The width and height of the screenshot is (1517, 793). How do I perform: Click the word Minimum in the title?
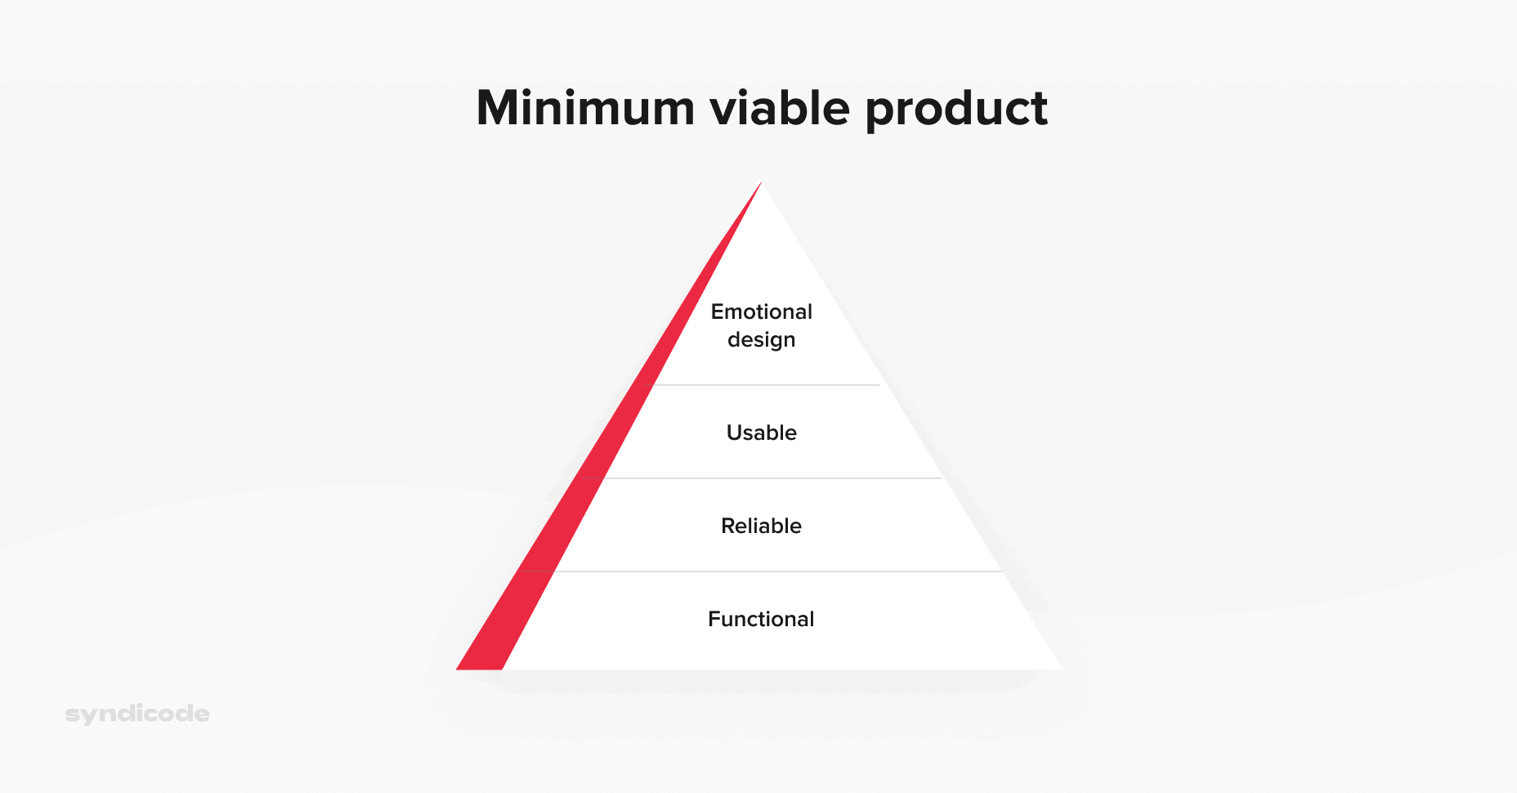[x=585, y=108]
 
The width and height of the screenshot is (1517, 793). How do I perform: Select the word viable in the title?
[x=780, y=108]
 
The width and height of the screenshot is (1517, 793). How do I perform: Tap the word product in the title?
[x=956, y=110]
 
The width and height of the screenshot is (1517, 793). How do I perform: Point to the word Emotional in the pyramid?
[x=761, y=311]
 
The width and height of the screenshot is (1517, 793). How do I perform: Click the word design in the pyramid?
[x=761, y=340]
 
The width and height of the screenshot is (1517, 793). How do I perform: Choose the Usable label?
[x=761, y=432]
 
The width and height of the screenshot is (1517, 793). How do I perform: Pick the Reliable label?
[x=761, y=526]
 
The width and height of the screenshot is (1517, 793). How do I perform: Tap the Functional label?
[x=761, y=619]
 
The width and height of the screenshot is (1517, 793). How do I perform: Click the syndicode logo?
[x=137, y=714]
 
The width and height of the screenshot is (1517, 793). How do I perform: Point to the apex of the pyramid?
[x=761, y=183]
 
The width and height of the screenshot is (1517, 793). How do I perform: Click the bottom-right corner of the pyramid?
[x=1060, y=669]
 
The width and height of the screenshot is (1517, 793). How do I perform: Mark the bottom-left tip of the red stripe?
[x=459, y=668]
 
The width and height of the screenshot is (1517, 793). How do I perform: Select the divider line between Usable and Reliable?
[x=772, y=478]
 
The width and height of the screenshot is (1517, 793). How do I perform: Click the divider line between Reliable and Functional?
[x=776, y=571]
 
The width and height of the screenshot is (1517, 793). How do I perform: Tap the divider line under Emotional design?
[x=768, y=385]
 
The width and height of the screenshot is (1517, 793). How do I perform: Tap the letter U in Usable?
[x=734, y=432]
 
